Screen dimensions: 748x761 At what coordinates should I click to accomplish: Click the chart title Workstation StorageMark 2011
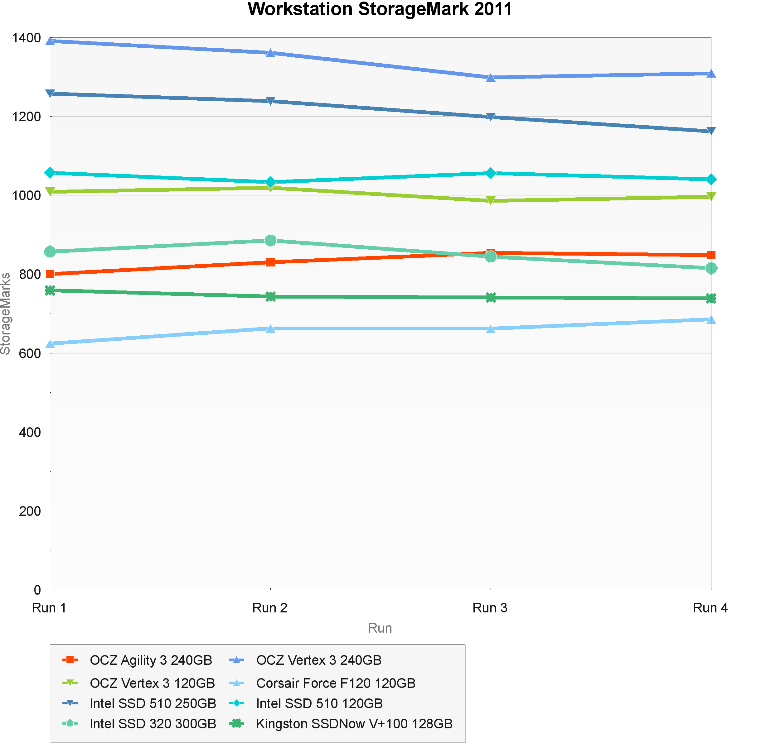[380, 9]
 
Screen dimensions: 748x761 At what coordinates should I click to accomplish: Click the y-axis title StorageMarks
[6, 314]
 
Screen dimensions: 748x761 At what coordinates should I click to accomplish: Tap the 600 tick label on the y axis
[30, 353]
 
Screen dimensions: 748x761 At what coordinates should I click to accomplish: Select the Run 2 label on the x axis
[270, 608]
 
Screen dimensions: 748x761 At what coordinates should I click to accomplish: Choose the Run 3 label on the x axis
[490, 608]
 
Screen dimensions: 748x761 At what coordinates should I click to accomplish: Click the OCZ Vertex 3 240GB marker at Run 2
[270, 53]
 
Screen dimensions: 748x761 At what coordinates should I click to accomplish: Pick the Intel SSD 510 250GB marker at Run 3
[491, 117]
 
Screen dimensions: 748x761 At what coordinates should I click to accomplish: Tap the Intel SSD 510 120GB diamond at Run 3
[491, 173]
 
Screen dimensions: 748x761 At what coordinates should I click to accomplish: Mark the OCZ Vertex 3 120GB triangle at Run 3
[491, 201]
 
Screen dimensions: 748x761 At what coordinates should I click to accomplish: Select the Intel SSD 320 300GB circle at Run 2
[270, 240]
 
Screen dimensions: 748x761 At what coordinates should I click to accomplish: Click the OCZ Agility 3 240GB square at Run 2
[270, 262]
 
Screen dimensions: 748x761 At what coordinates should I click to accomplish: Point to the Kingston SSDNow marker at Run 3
[491, 297]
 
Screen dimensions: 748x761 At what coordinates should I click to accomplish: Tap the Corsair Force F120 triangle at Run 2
[270, 328]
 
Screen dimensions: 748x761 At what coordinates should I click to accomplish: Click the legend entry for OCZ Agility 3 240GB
[151, 660]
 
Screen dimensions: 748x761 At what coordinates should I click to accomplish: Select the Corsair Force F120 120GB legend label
[336, 683]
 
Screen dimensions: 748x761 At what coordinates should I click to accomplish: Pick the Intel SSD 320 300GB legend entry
[153, 724]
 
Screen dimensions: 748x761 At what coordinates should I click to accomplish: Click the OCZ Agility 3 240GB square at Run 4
[711, 255]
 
